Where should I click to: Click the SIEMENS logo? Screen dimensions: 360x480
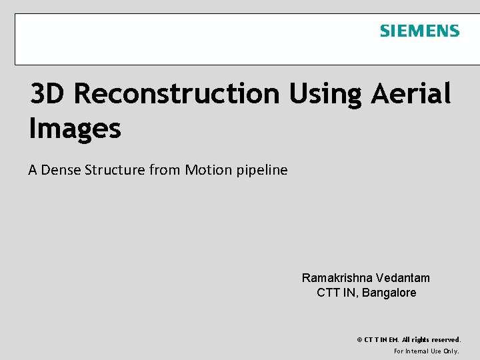tap(419, 31)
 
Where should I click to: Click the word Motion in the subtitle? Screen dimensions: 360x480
tap(208, 170)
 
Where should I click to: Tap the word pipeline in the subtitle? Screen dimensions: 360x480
tap(262, 170)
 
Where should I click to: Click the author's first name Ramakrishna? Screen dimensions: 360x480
tap(337, 278)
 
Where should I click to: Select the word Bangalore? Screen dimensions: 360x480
tap(389, 293)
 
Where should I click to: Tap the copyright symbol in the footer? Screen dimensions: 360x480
tap(360, 340)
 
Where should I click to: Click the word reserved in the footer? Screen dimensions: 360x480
tap(444, 340)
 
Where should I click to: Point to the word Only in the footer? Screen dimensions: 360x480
tap(451, 351)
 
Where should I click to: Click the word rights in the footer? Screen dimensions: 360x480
tap(418, 340)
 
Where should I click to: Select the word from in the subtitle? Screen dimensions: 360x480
tap(165, 170)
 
